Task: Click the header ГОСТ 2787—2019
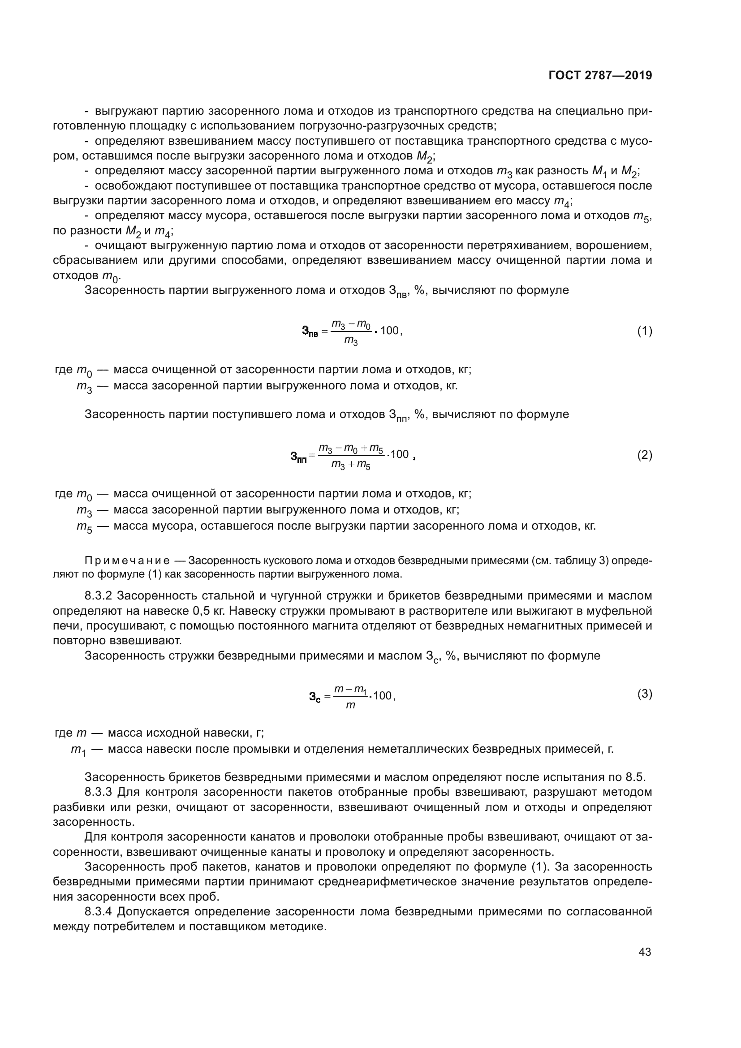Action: click(x=600, y=76)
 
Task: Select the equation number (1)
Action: click(x=644, y=331)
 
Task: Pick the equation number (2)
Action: click(x=644, y=455)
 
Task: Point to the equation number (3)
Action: click(x=644, y=694)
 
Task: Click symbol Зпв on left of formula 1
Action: click(x=310, y=332)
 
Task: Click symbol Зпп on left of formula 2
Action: click(x=298, y=456)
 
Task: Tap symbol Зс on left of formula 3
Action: click(x=314, y=697)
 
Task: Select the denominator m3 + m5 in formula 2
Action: click(x=350, y=465)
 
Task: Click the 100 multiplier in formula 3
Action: click(x=382, y=696)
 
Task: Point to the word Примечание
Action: click(x=127, y=561)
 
